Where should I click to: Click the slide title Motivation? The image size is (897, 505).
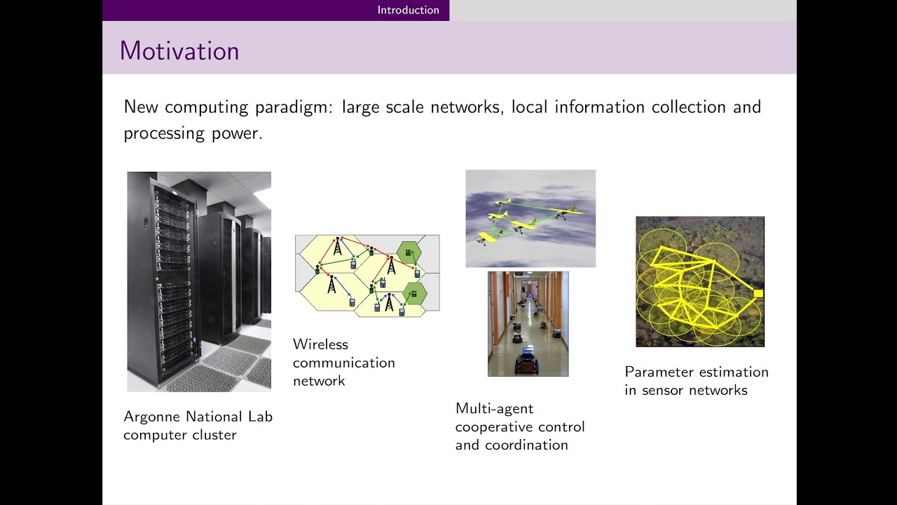tap(179, 51)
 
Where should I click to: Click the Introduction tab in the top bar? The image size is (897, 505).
tap(408, 10)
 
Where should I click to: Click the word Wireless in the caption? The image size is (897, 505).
tap(320, 344)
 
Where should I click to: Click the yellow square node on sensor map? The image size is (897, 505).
tap(758, 294)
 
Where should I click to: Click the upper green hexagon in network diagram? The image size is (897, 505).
tap(408, 251)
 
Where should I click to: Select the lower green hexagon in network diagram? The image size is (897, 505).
tap(413, 295)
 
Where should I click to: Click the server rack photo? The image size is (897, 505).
tap(198, 281)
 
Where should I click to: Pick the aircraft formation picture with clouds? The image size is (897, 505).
tap(530, 218)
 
